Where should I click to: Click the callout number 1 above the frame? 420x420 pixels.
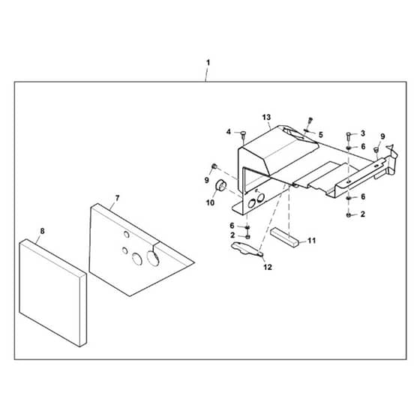[x=208, y=63]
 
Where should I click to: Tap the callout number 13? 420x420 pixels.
[x=266, y=117]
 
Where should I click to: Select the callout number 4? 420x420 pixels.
[x=229, y=132]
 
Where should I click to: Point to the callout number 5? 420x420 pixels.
[x=321, y=134]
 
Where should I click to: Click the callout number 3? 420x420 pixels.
[x=363, y=133]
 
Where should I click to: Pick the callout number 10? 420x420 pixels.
[x=210, y=202]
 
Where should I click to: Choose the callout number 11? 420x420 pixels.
[x=311, y=241]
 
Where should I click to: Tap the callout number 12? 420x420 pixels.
[x=268, y=267]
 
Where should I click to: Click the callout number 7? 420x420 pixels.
[x=117, y=198]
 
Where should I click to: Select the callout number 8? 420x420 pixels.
[x=42, y=231]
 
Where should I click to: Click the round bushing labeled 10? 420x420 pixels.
[x=221, y=186]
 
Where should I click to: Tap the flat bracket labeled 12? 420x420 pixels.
[x=246, y=248]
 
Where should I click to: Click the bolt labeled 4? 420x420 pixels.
[x=243, y=135]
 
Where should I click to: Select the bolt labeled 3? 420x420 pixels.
[x=349, y=136]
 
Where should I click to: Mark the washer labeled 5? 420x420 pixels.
[x=307, y=130]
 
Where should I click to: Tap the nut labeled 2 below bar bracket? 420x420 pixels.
[x=349, y=214]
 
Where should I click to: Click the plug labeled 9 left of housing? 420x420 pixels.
[x=214, y=166]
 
